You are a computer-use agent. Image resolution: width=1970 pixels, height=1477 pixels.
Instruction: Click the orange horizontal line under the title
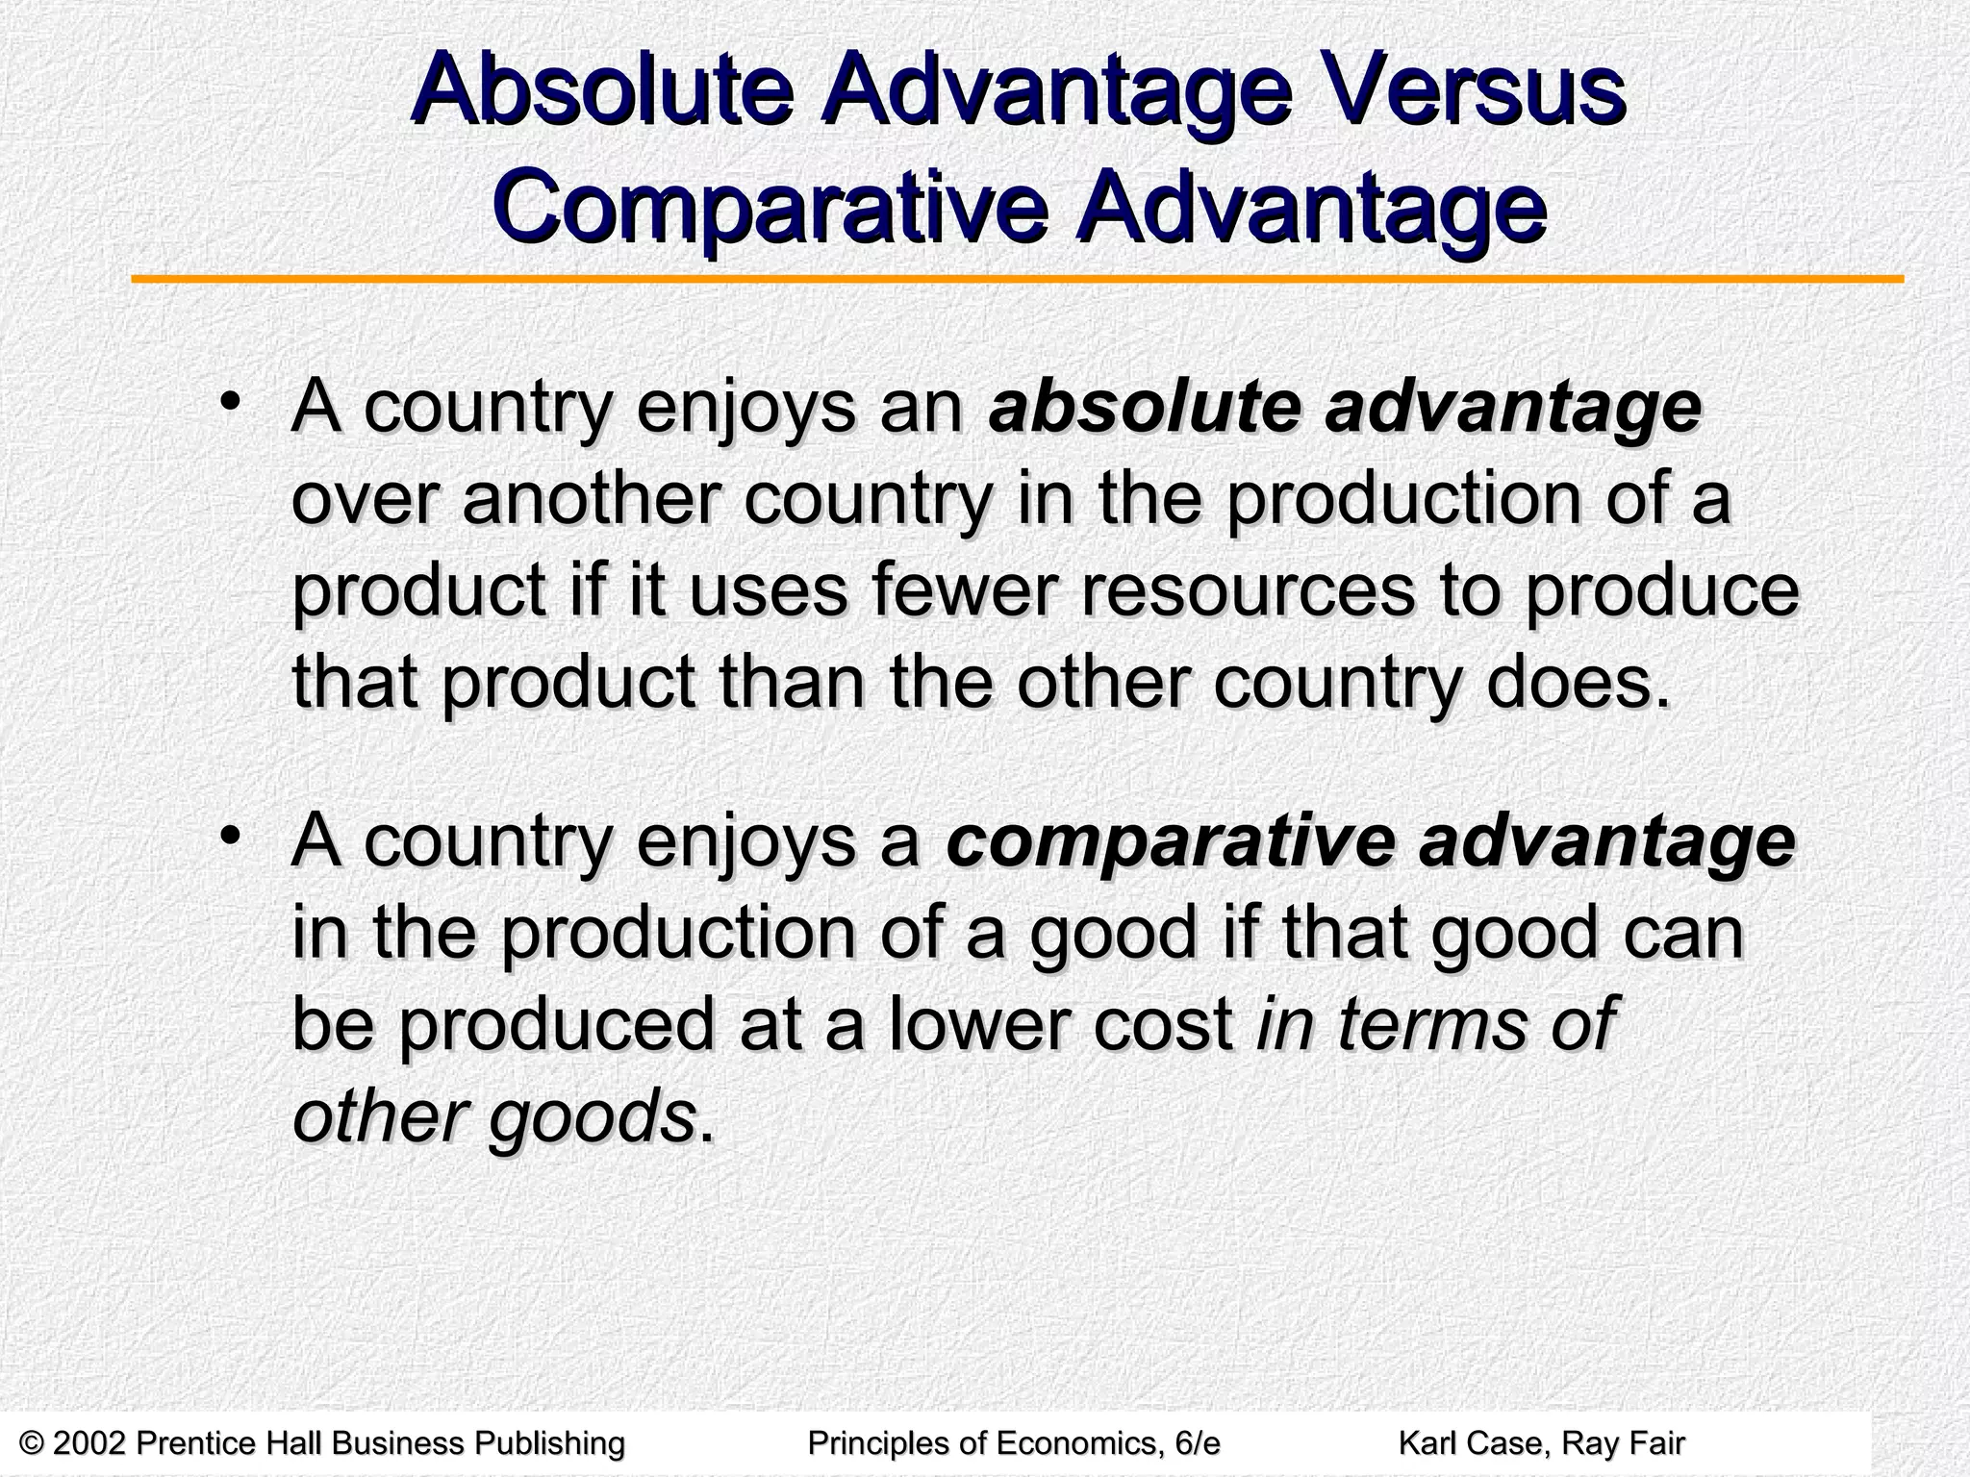point(1017,280)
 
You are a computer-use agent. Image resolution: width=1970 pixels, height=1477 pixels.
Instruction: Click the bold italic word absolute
point(1142,408)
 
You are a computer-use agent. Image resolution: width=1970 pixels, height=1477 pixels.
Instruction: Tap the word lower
point(978,1023)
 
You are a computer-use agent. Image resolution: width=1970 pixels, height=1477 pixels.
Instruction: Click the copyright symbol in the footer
point(33,1442)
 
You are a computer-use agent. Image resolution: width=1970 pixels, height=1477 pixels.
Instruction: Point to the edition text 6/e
point(1192,1442)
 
